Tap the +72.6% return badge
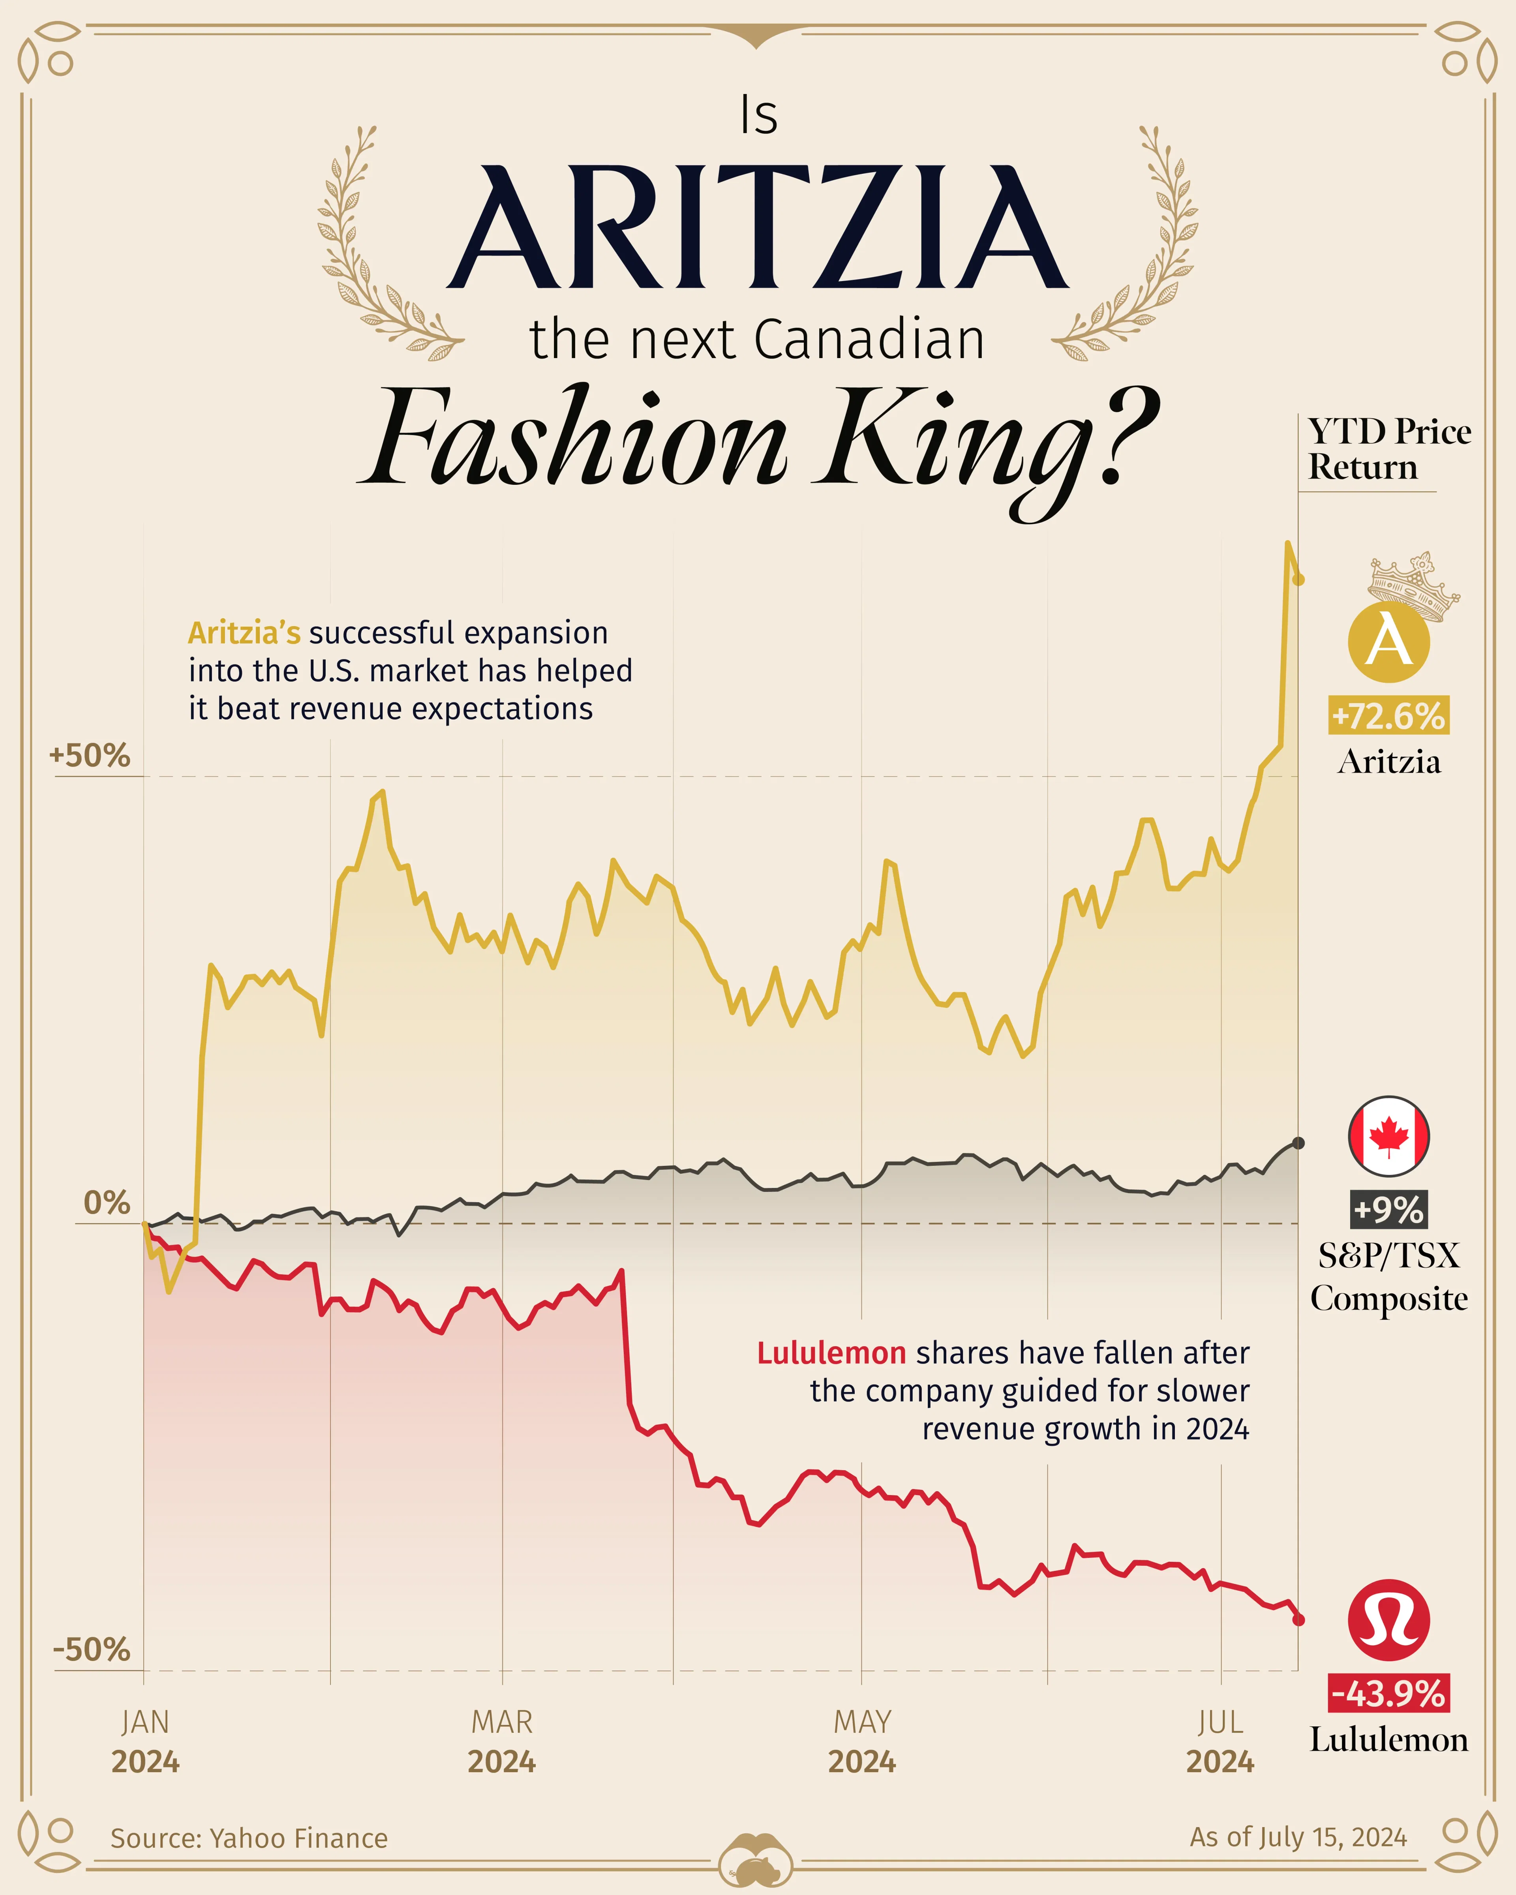[x=1388, y=716]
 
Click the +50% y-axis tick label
[x=90, y=756]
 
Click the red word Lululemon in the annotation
[x=831, y=1353]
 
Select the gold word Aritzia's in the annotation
[x=244, y=633]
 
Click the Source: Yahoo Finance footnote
[x=249, y=1838]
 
